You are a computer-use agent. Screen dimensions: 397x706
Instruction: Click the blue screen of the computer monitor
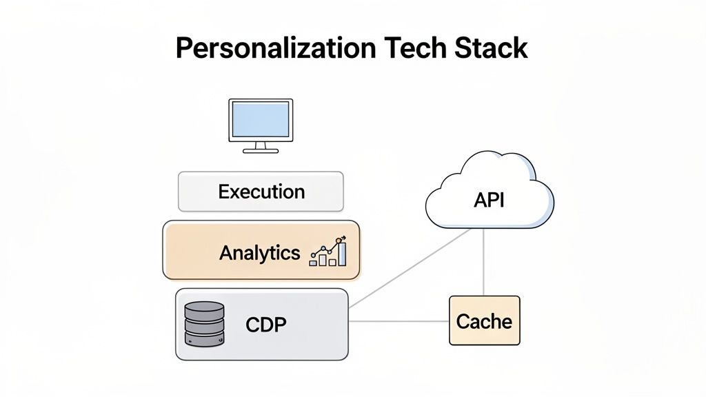pyautogui.click(x=261, y=119)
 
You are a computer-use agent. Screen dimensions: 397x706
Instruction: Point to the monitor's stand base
pyautogui.click(x=261, y=150)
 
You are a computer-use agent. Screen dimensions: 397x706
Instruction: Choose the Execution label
pyautogui.click(x=261, y=191)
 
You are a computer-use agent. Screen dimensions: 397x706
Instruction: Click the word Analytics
pyautogui.click(x=259, y=252)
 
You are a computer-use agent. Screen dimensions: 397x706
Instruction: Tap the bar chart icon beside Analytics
pyautogui.click(x=328, y=252)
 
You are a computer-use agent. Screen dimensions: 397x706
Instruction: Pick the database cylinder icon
pyautogui.click(x=205, y=323)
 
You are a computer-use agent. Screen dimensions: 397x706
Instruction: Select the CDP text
pyautogui.click(x=265, y=323)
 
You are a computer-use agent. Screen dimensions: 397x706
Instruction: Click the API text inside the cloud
pyautogui.click(x=489, y=201)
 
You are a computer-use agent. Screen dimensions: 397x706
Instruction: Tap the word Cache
pyautogui.click(x=484, y=321)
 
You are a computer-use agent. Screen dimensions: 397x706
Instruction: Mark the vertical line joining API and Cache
pyautogui.click(x=484, y=262)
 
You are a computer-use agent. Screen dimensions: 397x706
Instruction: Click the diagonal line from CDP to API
pyautogui.click(x=411, y=268)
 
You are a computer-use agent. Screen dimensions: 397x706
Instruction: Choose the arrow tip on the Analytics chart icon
pyautogui.click(x=343, y=237)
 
